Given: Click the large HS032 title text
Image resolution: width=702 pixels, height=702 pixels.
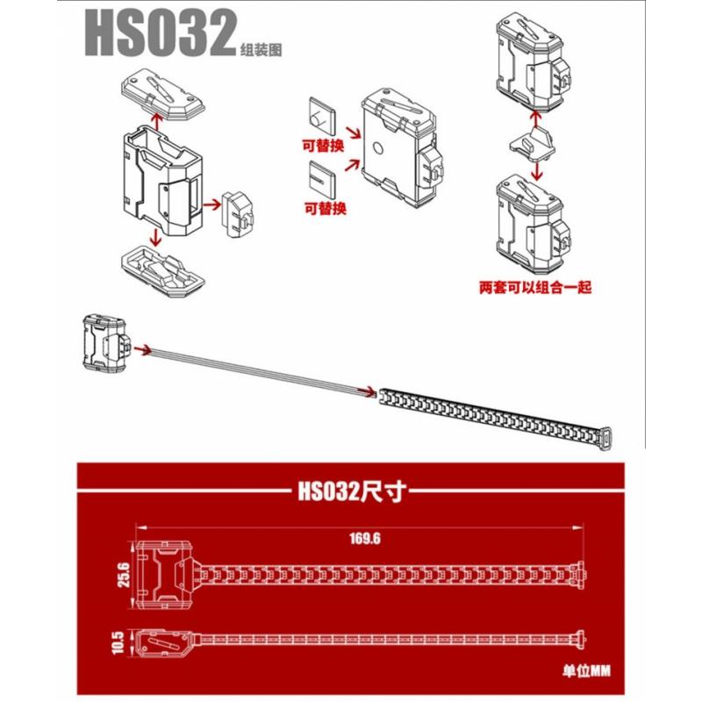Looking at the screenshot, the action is coord(161,32).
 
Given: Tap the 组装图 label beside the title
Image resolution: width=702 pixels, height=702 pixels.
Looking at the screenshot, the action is coord(261,49).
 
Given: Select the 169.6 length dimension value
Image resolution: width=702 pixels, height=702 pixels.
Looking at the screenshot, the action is coord(365,538).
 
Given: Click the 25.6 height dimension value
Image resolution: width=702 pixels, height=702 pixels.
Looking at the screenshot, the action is coord(124,576).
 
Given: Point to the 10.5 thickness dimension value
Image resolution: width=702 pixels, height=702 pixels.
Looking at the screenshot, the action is coord(118,642).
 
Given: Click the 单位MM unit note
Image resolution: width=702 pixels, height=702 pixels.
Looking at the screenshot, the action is coord(586,670).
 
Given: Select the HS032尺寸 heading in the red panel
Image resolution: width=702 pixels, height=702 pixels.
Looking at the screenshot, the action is coord(353,491).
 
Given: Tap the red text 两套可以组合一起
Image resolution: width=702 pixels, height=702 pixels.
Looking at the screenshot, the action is coord(535,287).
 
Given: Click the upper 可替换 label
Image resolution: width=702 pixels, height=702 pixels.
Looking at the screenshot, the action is coord(323,146).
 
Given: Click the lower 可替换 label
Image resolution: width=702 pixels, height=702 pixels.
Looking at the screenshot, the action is coord(326,208).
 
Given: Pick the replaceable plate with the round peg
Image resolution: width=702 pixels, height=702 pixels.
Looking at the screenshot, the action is coord(322,116).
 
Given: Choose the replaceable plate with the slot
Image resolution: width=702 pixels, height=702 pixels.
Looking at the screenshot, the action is coord(322,179).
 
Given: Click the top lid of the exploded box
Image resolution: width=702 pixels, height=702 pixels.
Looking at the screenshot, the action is coord(163,94).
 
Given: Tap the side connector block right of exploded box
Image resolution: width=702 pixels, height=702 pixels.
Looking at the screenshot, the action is coord(239,214).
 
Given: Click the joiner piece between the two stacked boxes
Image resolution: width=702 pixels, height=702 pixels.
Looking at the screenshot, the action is coord(533,145).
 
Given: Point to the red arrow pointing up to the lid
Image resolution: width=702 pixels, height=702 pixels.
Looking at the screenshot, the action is coord(156,122).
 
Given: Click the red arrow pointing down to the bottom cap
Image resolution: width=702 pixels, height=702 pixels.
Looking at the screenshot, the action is coord(155,237).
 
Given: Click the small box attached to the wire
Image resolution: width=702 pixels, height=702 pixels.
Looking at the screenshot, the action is coord(106,343).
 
